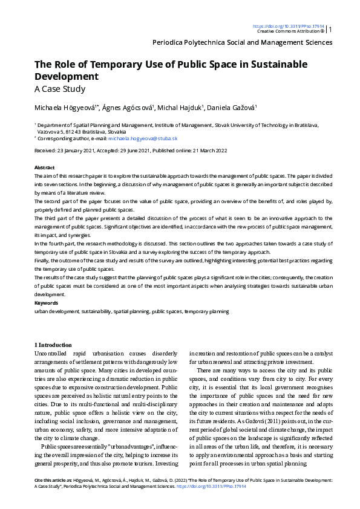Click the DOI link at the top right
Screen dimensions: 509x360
pyautogui.click(x=288, y=26)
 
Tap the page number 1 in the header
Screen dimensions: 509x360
pyautogui.click(x=330, y=28)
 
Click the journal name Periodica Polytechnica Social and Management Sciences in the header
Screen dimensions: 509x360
pyautogui.click(x=243, y=42)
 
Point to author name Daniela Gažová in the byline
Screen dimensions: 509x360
pyautogui.click(x=215, y=108)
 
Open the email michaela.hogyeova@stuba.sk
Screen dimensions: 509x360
pyautogui.click(x=142, y=138)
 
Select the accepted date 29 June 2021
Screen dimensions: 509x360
pyautogui.click(x=141, y=151)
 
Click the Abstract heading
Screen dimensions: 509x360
pyautogui.click(x=44, y=167)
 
